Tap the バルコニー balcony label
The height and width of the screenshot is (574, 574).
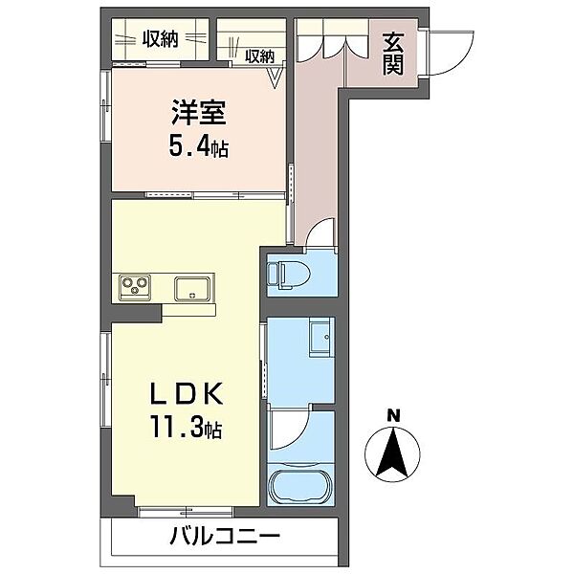pyautogui.click(x=226, y=537)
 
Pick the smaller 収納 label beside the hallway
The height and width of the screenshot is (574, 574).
pyautogui.click(x=259, y=56)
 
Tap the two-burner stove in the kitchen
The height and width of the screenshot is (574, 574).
pyautogui.click(x=133, y=286)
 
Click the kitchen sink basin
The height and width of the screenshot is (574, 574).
pyautogui.click(x=193, y=287)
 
